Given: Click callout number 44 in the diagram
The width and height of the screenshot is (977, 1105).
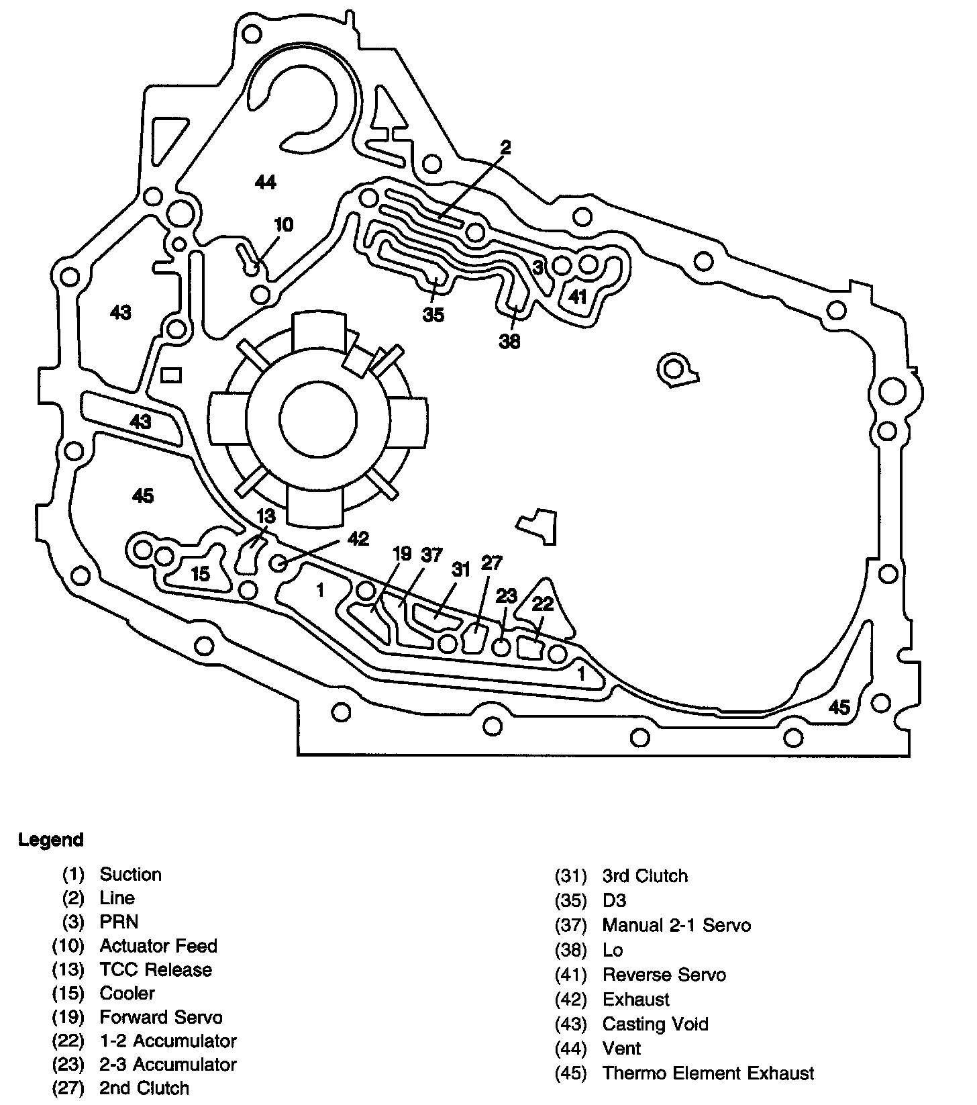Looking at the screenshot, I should (x=266, y=181).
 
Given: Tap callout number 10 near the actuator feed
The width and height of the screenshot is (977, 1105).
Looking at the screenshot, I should (x=284, y=224).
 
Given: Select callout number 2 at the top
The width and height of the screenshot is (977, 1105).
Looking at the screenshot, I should (x=505, y=148).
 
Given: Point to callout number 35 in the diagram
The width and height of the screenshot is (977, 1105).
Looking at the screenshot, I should (x=433, y=314).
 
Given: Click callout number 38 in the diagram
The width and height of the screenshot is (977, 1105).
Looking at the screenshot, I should (x=509, y=342).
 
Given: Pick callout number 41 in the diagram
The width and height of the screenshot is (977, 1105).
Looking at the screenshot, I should (x=577, y=296).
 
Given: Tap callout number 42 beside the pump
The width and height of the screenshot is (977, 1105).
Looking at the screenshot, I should (x=358, y=538).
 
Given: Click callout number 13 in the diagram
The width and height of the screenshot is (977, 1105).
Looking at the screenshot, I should (x=266, y=516).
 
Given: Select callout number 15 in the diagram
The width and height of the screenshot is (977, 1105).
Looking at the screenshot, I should (x=200, y=574).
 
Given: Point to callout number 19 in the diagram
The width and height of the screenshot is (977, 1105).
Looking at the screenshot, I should (x=401, y=554).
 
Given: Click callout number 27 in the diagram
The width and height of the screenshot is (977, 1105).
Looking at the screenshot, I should (x=492, y=563).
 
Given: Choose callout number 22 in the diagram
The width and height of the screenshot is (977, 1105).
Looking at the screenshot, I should (x=542, y=604).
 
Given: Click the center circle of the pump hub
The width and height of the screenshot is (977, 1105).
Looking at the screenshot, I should (x=318, y=420).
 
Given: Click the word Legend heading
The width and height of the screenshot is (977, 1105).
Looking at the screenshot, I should (x=51, y=840).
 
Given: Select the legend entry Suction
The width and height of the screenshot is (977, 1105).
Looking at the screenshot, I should (x=130, y=874).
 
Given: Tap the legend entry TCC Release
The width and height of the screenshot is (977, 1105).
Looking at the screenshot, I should (x=156, y=969).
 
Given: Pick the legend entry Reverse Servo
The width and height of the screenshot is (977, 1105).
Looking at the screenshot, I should (x=664, y=974).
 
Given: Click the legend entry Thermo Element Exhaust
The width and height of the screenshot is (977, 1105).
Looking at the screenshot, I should (x=708, y=1073).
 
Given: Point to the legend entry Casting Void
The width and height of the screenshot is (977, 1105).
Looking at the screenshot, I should (x=655, y=1024).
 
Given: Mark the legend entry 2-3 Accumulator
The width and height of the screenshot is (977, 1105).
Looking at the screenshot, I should (x=168, y=1064).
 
